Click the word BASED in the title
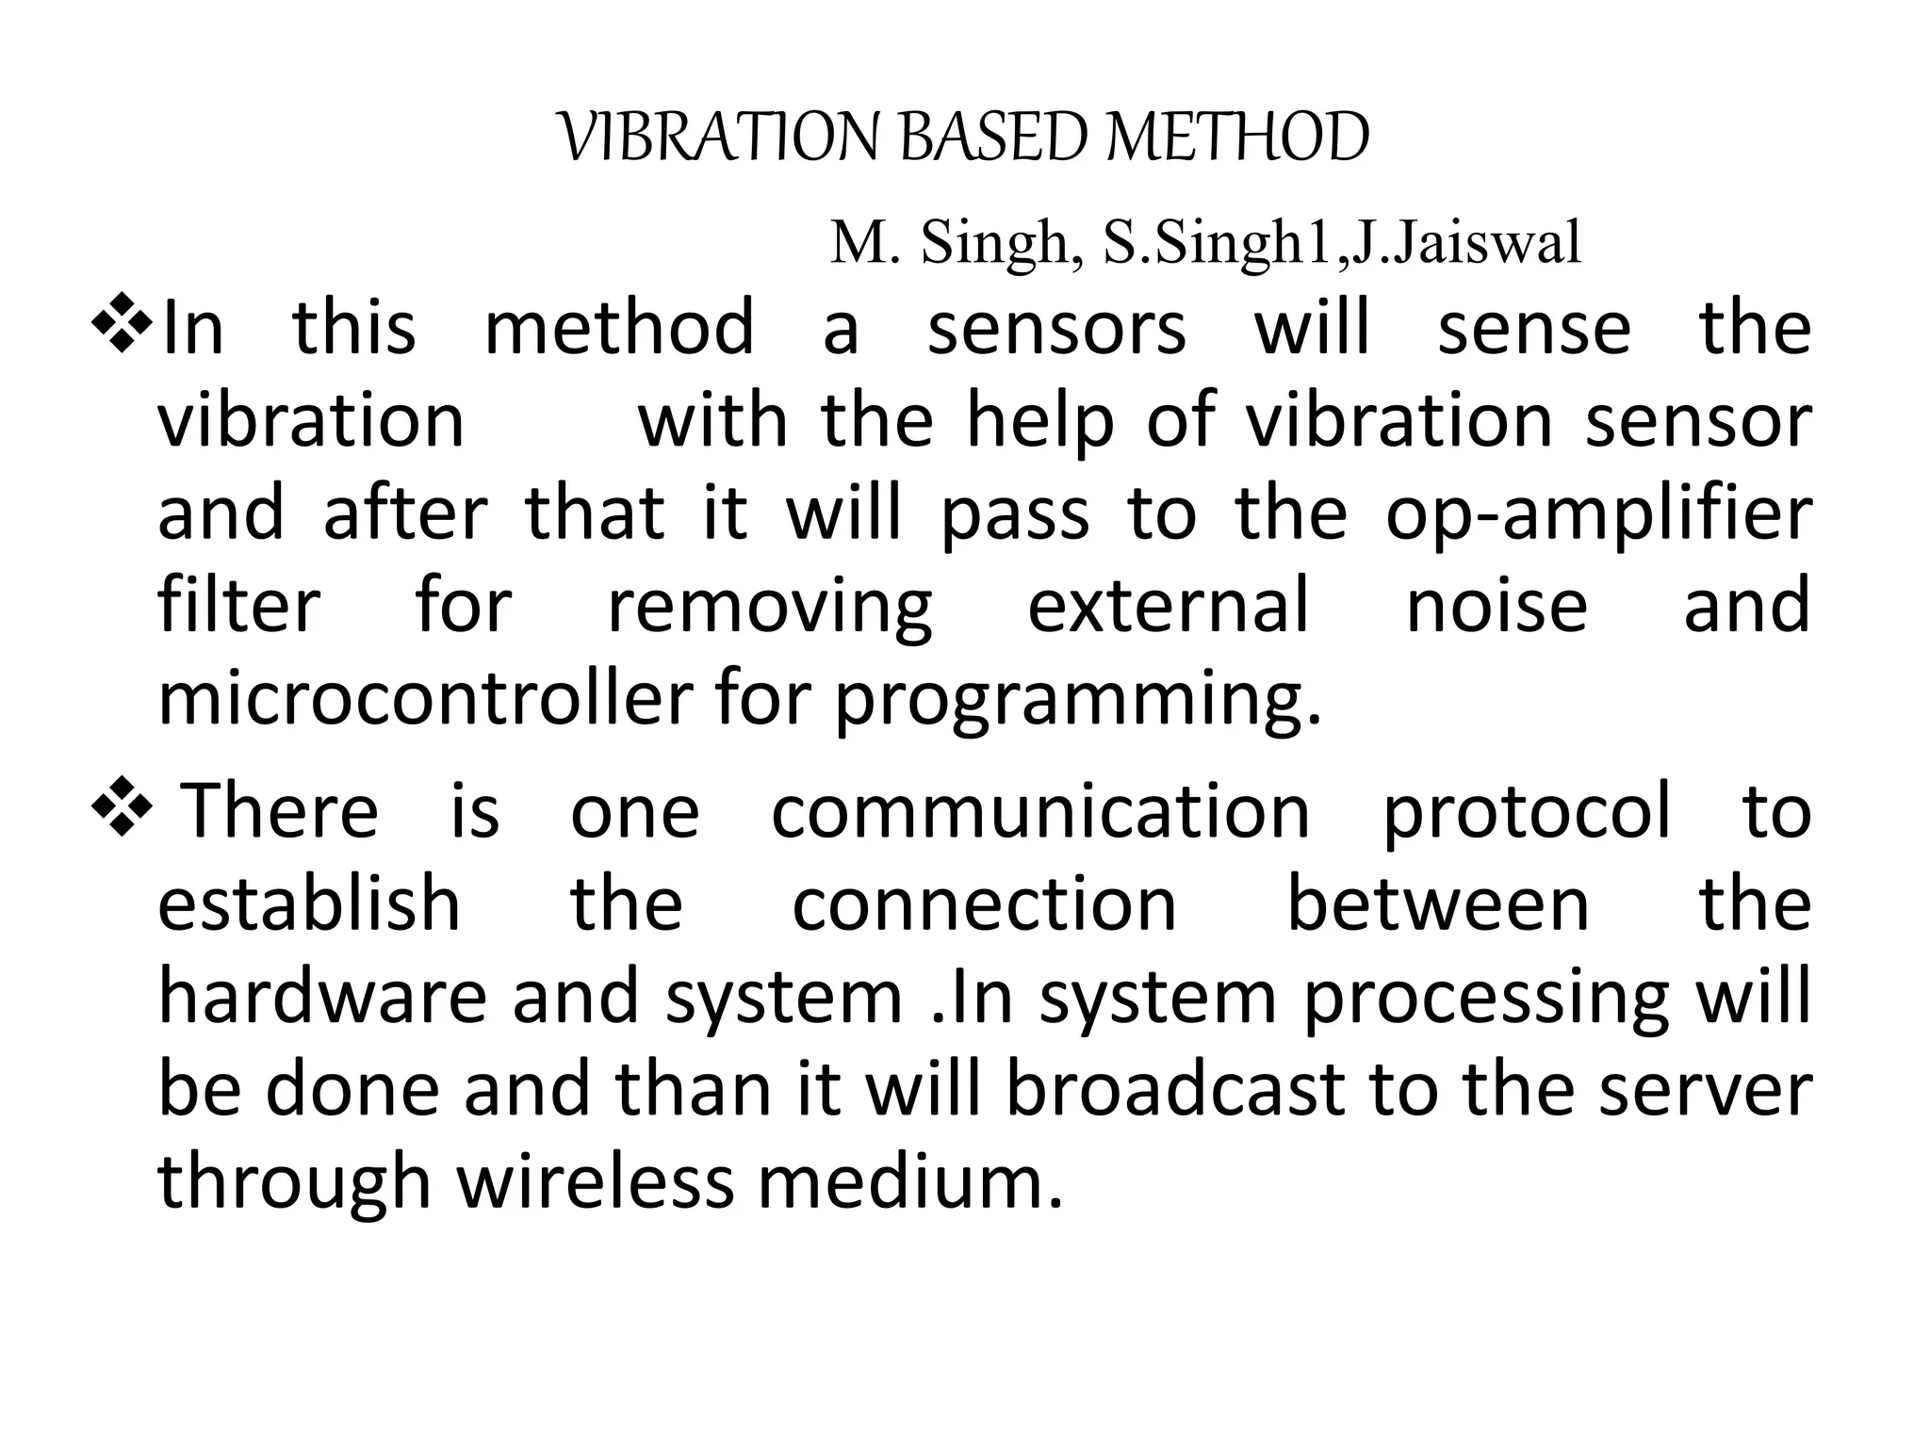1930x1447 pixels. [x=995, y=138]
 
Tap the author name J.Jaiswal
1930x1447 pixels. [x=1466, y=242]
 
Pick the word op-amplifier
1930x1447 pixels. [x=1597, y=515]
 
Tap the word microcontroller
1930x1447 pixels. [x=425, y=699]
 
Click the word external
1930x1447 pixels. [x=1168, y=605]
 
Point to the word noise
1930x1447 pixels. [x=1497, y=605]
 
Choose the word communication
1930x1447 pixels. [x=1040, y=810]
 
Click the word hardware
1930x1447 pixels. [x=321, y=996]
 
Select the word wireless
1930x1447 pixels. [x=596, y=1180]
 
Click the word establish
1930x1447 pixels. [x=309, y=902]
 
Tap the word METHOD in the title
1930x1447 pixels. [x=1238, y=138]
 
